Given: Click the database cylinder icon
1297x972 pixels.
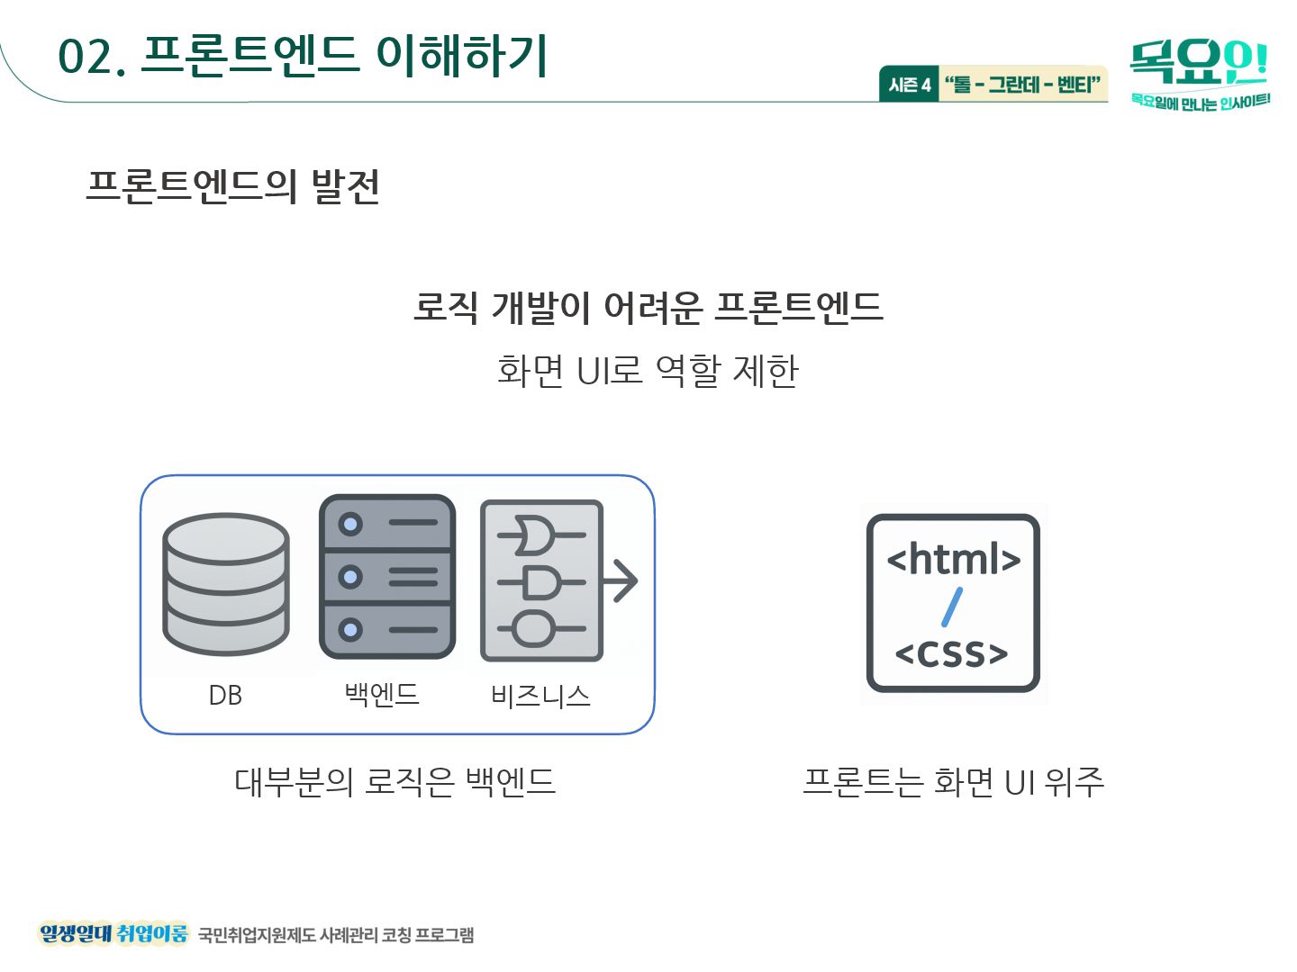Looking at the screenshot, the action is point(225,583).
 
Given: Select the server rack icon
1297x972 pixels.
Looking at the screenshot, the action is point(387,576).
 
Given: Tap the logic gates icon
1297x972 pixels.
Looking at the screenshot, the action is point(542,580).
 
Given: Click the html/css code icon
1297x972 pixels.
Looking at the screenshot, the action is point(953,603).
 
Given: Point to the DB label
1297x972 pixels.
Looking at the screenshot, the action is point(225,696).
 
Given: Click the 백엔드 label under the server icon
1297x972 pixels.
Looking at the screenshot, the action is point(382,694).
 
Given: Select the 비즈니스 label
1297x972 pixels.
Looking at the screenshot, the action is point(540,696).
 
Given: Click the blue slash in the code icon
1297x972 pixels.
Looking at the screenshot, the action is point(952,607).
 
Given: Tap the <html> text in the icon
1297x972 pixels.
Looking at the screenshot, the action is point(953,559).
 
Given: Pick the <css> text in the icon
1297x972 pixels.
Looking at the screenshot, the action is point(952,653).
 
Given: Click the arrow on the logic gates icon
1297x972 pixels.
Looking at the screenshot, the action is point(621,580).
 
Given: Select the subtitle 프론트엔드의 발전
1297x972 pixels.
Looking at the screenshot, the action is point(232,186).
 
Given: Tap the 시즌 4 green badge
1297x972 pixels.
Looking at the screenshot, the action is point(909,85).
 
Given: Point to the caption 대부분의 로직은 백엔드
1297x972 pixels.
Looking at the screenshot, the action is point(395,781).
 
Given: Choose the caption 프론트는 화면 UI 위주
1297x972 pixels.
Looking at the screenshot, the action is point(953,781).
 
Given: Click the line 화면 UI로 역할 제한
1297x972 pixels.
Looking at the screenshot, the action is point(648,370).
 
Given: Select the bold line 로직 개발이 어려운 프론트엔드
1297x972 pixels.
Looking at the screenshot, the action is point(648,307).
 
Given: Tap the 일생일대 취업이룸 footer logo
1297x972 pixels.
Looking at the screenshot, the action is point(113,933).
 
